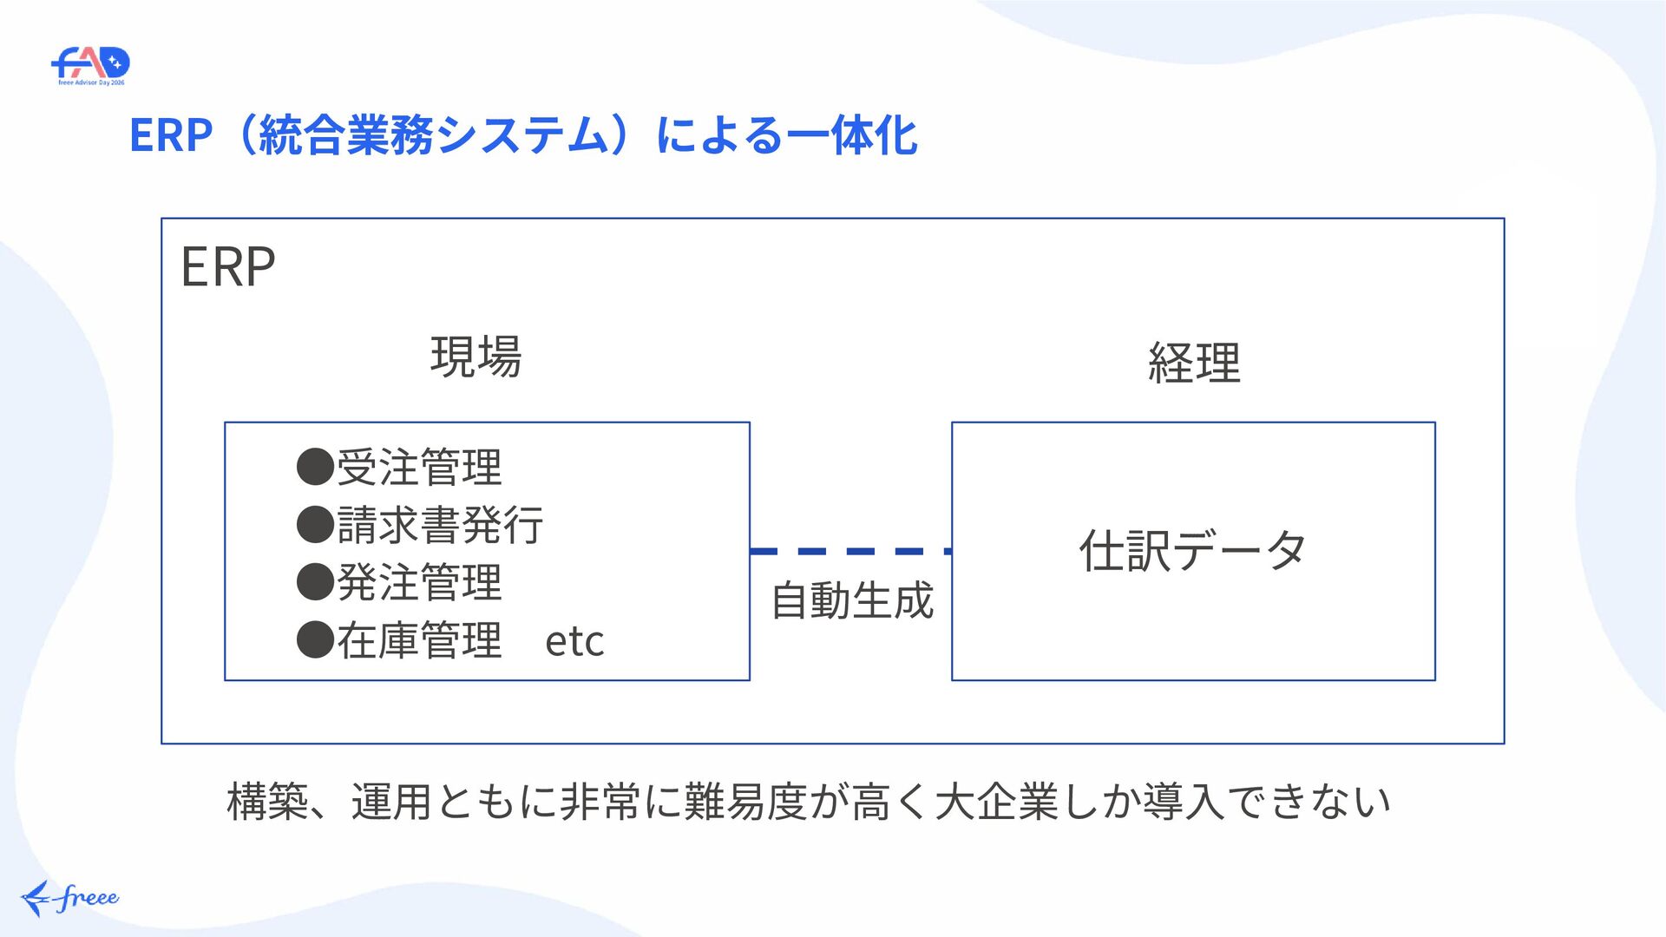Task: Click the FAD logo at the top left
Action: click(x=90, y=66)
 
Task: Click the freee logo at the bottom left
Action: click(x=69, y=898)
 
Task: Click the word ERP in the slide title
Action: click(x=171, y=135)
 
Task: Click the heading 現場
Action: click(x=476, y=357)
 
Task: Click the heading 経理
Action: click(x=1194, y=363)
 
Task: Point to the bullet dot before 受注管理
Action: click(x=315, y=467)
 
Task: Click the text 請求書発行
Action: click(x=440, y=525)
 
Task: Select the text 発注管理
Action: click(x=419, y=582)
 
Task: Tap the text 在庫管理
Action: click(x=419, y=640)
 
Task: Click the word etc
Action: click(x=574, y=642)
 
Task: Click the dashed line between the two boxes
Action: click(x=850, y=551)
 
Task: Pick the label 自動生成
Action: click(x=852, y=600)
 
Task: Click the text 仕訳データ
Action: click(x=1193, y=551)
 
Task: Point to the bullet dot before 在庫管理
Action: click(x=315, y=640)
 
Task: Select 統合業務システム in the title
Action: click(x=434, y=135)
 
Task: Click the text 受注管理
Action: click(x=419, y=467)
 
